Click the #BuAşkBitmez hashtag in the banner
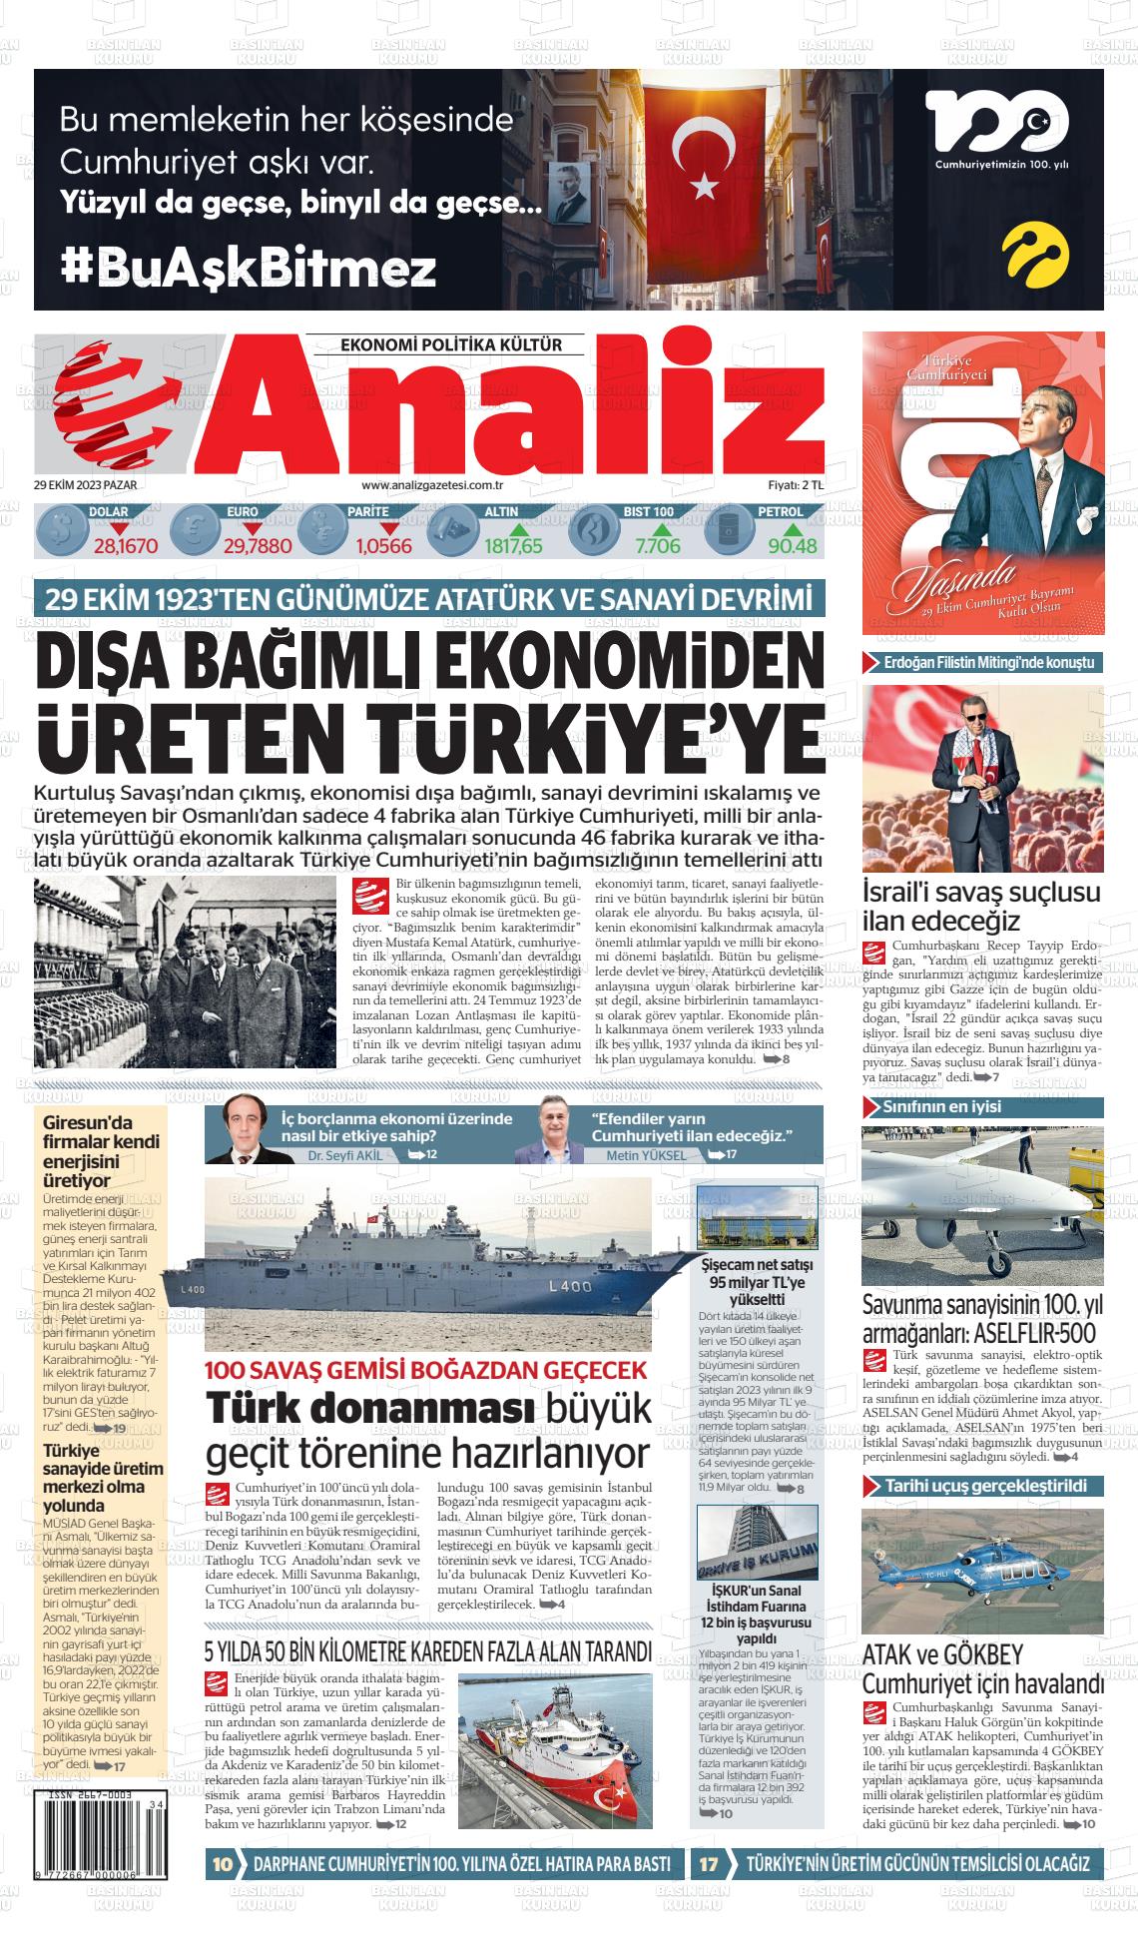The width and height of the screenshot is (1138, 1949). point(249,268)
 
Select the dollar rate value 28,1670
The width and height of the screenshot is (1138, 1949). point(126,546)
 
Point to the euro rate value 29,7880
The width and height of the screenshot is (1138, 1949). point(258,546)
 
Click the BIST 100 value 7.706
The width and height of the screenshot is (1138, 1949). point(657,546)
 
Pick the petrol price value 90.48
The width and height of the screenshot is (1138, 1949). point(793,546)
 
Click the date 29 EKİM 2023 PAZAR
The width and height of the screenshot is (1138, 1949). point(85,485)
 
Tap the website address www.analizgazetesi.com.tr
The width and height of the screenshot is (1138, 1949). point(431,485)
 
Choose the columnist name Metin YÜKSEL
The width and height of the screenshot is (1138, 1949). point(646,1155)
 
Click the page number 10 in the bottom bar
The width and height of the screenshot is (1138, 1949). point(223,1863)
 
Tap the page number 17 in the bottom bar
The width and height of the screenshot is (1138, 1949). point(709,1863)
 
